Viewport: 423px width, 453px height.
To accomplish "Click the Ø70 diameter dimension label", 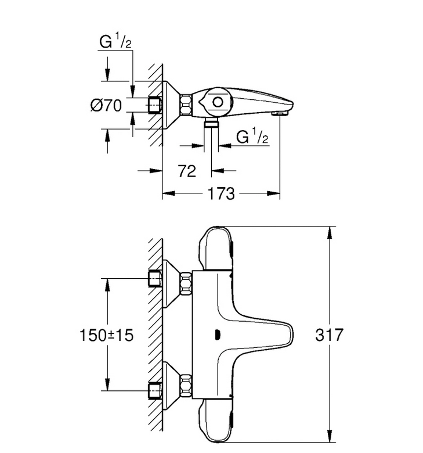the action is (106, 105).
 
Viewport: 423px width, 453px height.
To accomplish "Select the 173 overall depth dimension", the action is (221, 193).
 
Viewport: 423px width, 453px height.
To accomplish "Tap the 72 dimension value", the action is (187, 171).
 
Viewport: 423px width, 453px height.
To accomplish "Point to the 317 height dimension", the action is (329, 335).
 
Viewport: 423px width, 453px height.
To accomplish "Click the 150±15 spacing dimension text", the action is (106, 336).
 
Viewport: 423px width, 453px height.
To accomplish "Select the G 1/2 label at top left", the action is (115, 41).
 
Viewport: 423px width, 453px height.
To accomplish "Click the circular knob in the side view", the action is (218, 102).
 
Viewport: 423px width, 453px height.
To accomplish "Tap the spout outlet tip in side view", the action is (280, 114).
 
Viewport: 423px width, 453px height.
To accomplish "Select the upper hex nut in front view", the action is (186, 283).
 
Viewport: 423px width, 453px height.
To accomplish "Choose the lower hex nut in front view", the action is (186, 386).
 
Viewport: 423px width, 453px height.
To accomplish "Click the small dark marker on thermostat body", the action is (218, 335).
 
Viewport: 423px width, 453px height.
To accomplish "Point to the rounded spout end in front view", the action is (289, 335).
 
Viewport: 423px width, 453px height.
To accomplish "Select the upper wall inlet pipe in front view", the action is (155, 279).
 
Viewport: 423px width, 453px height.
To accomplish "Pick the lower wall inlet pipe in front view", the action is (155, 391).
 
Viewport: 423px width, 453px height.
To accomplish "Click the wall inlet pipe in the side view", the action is (155, 105).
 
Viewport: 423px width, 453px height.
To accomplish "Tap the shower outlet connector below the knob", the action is (211, 122).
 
